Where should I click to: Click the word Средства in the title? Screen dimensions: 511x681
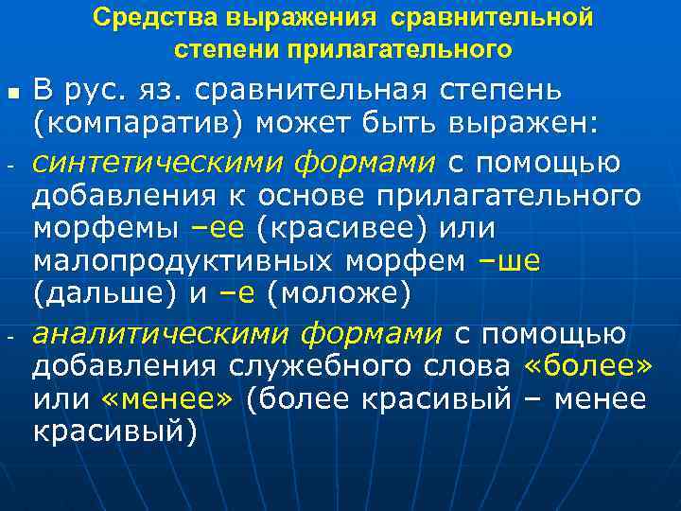(x=143, y=19)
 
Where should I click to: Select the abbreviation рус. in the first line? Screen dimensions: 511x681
(x=98, y=91)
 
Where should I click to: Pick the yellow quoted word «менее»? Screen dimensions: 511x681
(x=166, y=399)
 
